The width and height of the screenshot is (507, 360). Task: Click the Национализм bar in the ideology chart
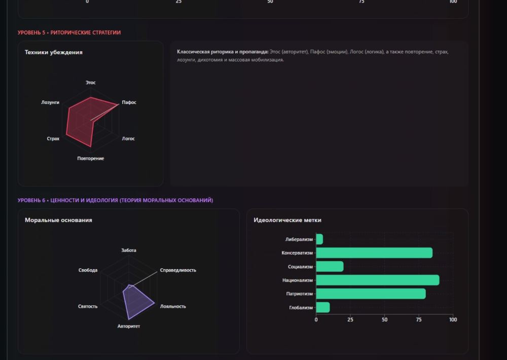pos(377,280)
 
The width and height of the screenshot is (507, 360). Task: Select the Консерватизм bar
pos(374,253)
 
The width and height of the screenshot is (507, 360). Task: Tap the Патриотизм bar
pos(371,294)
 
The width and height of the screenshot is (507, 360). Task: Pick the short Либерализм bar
pos(319,239)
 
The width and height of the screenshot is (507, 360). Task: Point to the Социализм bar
pos(330,266)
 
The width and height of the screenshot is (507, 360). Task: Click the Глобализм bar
pos(323,307)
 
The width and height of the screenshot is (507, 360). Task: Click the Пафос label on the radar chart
pos(129,102)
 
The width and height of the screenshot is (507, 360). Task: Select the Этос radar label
pos(91,82)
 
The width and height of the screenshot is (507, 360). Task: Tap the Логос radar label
pos(128,138)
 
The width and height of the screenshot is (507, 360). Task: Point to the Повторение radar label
pos(91,159)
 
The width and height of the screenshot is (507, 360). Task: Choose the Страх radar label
pos(53,138)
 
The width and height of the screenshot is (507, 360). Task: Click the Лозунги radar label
pos(50,102)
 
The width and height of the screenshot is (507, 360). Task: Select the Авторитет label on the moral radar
pos(129,326)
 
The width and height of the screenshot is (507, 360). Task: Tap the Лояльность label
pos(173,306)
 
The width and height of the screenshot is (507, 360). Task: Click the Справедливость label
pos(178,270)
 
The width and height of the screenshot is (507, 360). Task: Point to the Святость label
pos(88,306)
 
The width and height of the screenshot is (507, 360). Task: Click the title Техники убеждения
pos(54,52)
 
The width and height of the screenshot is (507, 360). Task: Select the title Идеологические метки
pos(287,220)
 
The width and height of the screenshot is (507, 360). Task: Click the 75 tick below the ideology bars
pos(419,320)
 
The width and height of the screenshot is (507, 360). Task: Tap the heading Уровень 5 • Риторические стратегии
pos(69,32)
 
